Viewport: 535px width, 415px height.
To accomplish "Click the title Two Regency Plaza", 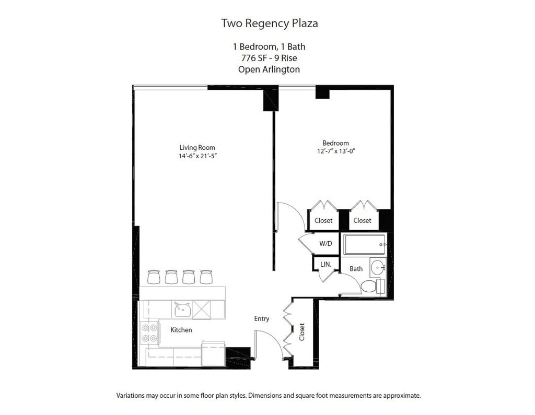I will [x=269, y=23].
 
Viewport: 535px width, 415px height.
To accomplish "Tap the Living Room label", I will [x=197, y=148].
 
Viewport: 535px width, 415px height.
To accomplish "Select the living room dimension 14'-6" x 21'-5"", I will [x=197, y=156].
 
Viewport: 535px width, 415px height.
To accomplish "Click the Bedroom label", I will [x=335, y=143].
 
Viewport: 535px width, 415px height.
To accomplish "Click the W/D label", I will [x=325, y=244].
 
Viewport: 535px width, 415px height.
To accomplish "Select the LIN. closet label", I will [x=325, y=265].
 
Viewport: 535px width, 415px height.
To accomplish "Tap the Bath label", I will [x=356, y=269].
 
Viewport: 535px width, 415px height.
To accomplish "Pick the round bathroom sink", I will [x=378, y=269].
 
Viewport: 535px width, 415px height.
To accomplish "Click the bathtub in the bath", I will [x=364, y=244].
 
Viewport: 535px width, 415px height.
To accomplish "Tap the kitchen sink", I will [x=182, y=310].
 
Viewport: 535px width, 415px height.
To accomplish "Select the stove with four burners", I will [x=150, y=333].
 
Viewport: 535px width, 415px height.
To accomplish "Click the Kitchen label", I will [x=181, y=330].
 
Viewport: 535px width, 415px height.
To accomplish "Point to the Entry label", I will [x=262, y=318].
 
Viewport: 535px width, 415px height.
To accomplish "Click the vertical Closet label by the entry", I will [x=302, y=332].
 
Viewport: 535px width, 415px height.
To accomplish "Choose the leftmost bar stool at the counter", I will [x=154, y=277].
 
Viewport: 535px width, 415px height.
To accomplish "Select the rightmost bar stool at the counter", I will [x=206, y=277].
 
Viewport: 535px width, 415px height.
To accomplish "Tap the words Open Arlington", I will [x=269, y=69].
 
